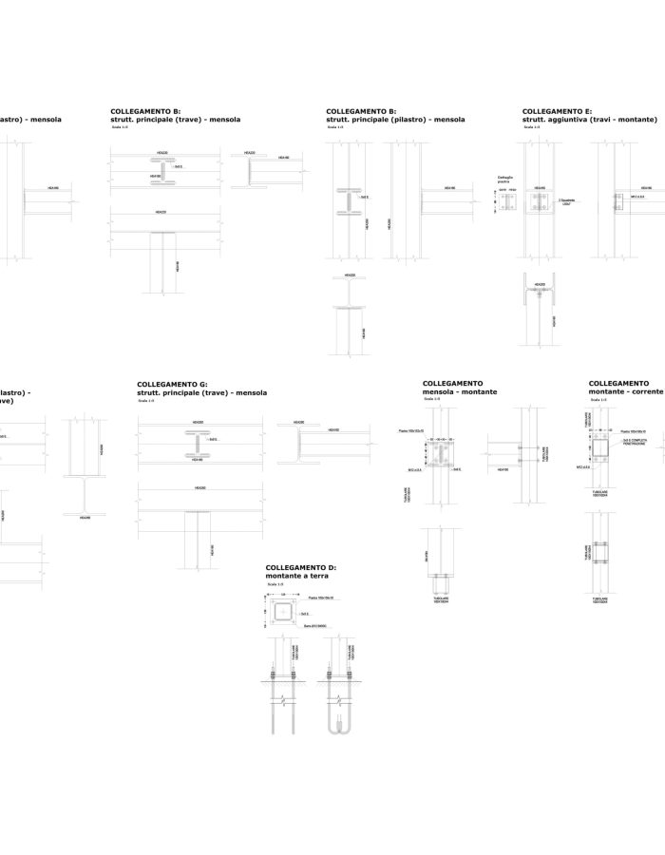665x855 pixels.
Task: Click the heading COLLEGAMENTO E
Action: [x=558, y=111]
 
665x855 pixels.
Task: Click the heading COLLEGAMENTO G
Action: [x=172, y=384]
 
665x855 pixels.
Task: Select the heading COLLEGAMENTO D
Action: [x=301, y=567]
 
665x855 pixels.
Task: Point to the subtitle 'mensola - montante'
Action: [x=460, y=391]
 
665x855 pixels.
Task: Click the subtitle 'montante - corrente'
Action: [x=626, y=391]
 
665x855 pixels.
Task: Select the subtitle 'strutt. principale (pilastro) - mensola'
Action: [x=395, y=120]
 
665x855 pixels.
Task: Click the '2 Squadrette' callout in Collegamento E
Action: [x=567, y=201]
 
